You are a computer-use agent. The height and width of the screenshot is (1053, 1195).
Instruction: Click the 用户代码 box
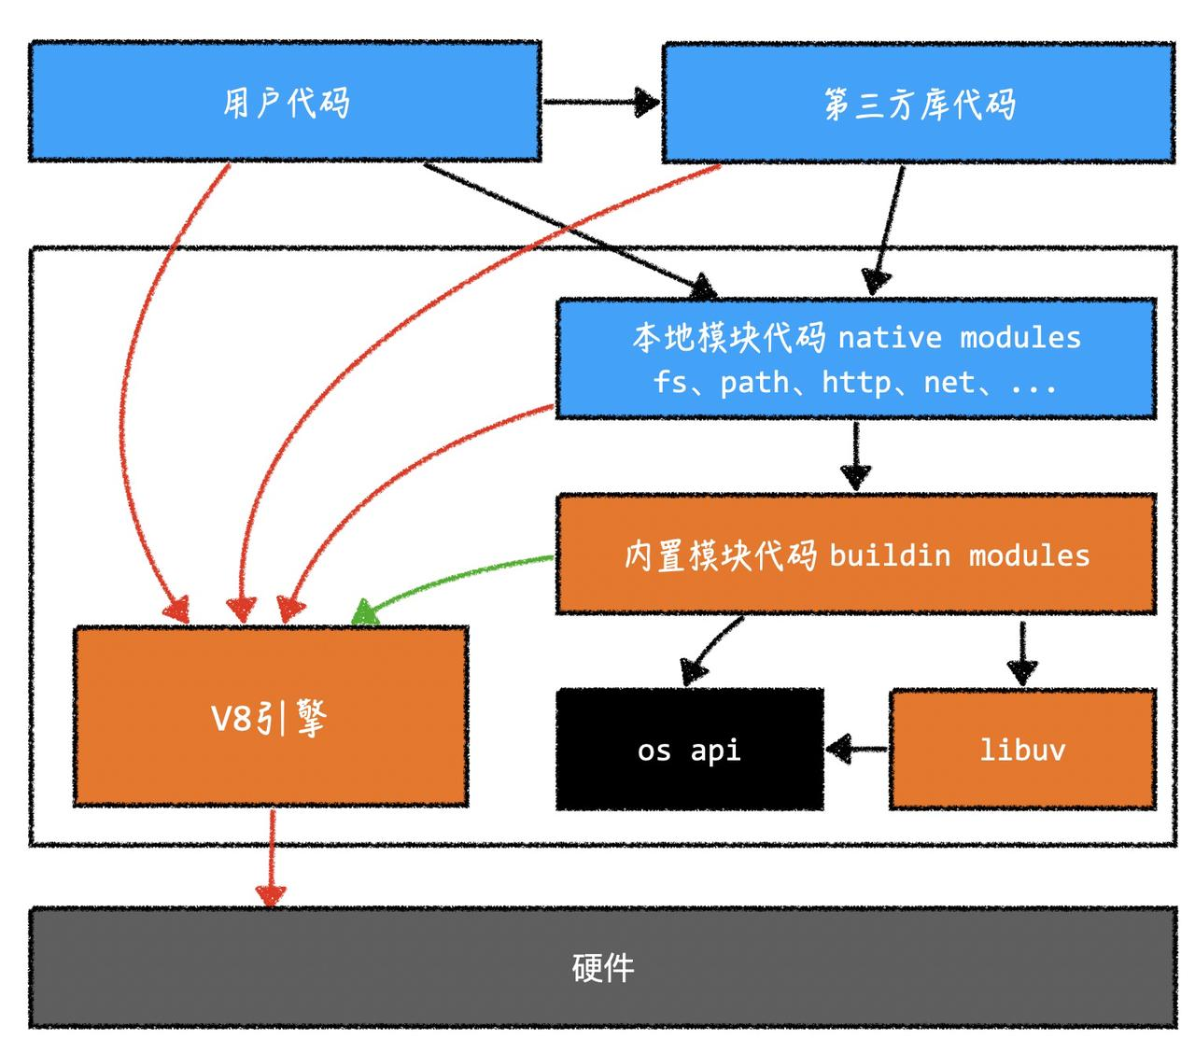click(x=285, y=101)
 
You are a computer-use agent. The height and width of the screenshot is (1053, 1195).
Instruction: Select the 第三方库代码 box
click(x=919, y=103)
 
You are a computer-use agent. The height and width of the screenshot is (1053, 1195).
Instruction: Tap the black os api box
click(x=690, y=750)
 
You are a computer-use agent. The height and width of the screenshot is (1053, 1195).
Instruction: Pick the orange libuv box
click(x=1022, y=750)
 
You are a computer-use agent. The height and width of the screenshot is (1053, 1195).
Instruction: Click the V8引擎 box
click(x=271, y=716)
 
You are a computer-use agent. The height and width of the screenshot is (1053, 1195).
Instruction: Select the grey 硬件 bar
click(x=602, y=967)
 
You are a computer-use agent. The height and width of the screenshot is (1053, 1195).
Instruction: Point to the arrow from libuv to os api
click(x=857, y=748)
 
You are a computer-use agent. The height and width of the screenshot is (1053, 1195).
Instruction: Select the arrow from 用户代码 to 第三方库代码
click(x=600, y=101)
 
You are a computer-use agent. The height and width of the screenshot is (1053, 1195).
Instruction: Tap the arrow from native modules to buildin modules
click(x=855, y=456)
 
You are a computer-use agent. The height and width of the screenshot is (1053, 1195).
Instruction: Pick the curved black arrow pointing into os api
click(x=710, y=649)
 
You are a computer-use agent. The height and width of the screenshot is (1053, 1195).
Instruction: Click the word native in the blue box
click(x=890, y=337)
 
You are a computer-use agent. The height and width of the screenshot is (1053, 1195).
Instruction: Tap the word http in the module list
click(x=855, y=382)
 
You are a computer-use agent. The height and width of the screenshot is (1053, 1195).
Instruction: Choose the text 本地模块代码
click(x=728, y=337)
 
